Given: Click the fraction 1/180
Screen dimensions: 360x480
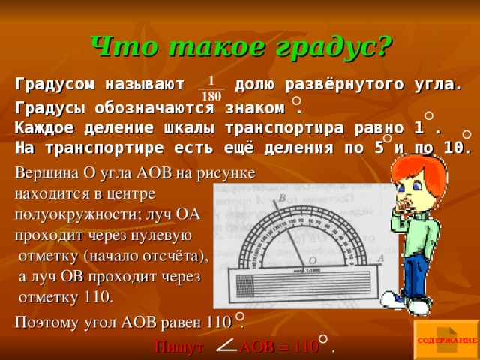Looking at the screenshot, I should click(x=211, y=88).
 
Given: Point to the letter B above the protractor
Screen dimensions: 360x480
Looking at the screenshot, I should click(x=280, y=199).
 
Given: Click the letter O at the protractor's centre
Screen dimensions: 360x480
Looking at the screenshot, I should click(x=312, y=259).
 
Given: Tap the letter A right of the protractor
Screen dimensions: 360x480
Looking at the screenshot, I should click(x=381, y=258).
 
